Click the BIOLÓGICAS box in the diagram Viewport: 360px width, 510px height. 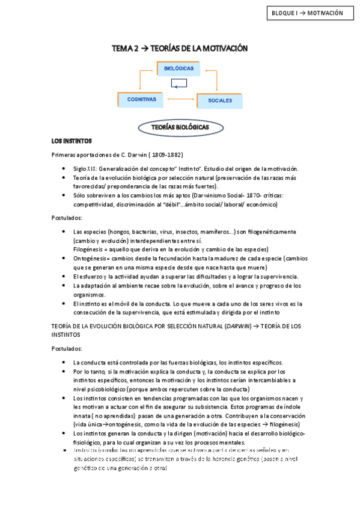coord(178,69)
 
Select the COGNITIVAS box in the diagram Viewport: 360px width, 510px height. coord(141,99)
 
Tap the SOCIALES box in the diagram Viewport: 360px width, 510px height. coord(220,100)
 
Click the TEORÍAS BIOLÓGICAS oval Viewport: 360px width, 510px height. coord(180,128)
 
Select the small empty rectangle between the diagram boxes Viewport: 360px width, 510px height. coord(178,84)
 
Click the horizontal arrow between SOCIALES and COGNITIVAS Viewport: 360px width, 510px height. coord(178,99)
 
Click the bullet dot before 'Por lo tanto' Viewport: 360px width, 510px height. coord(64,372)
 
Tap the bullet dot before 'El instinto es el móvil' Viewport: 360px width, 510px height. coord(64,304)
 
